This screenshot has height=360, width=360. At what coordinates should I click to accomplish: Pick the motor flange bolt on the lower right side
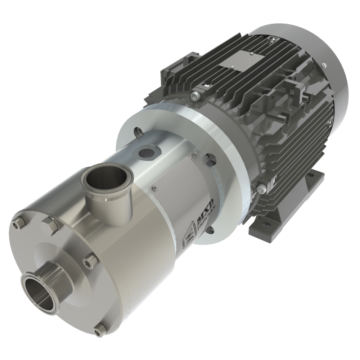(262, 188)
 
